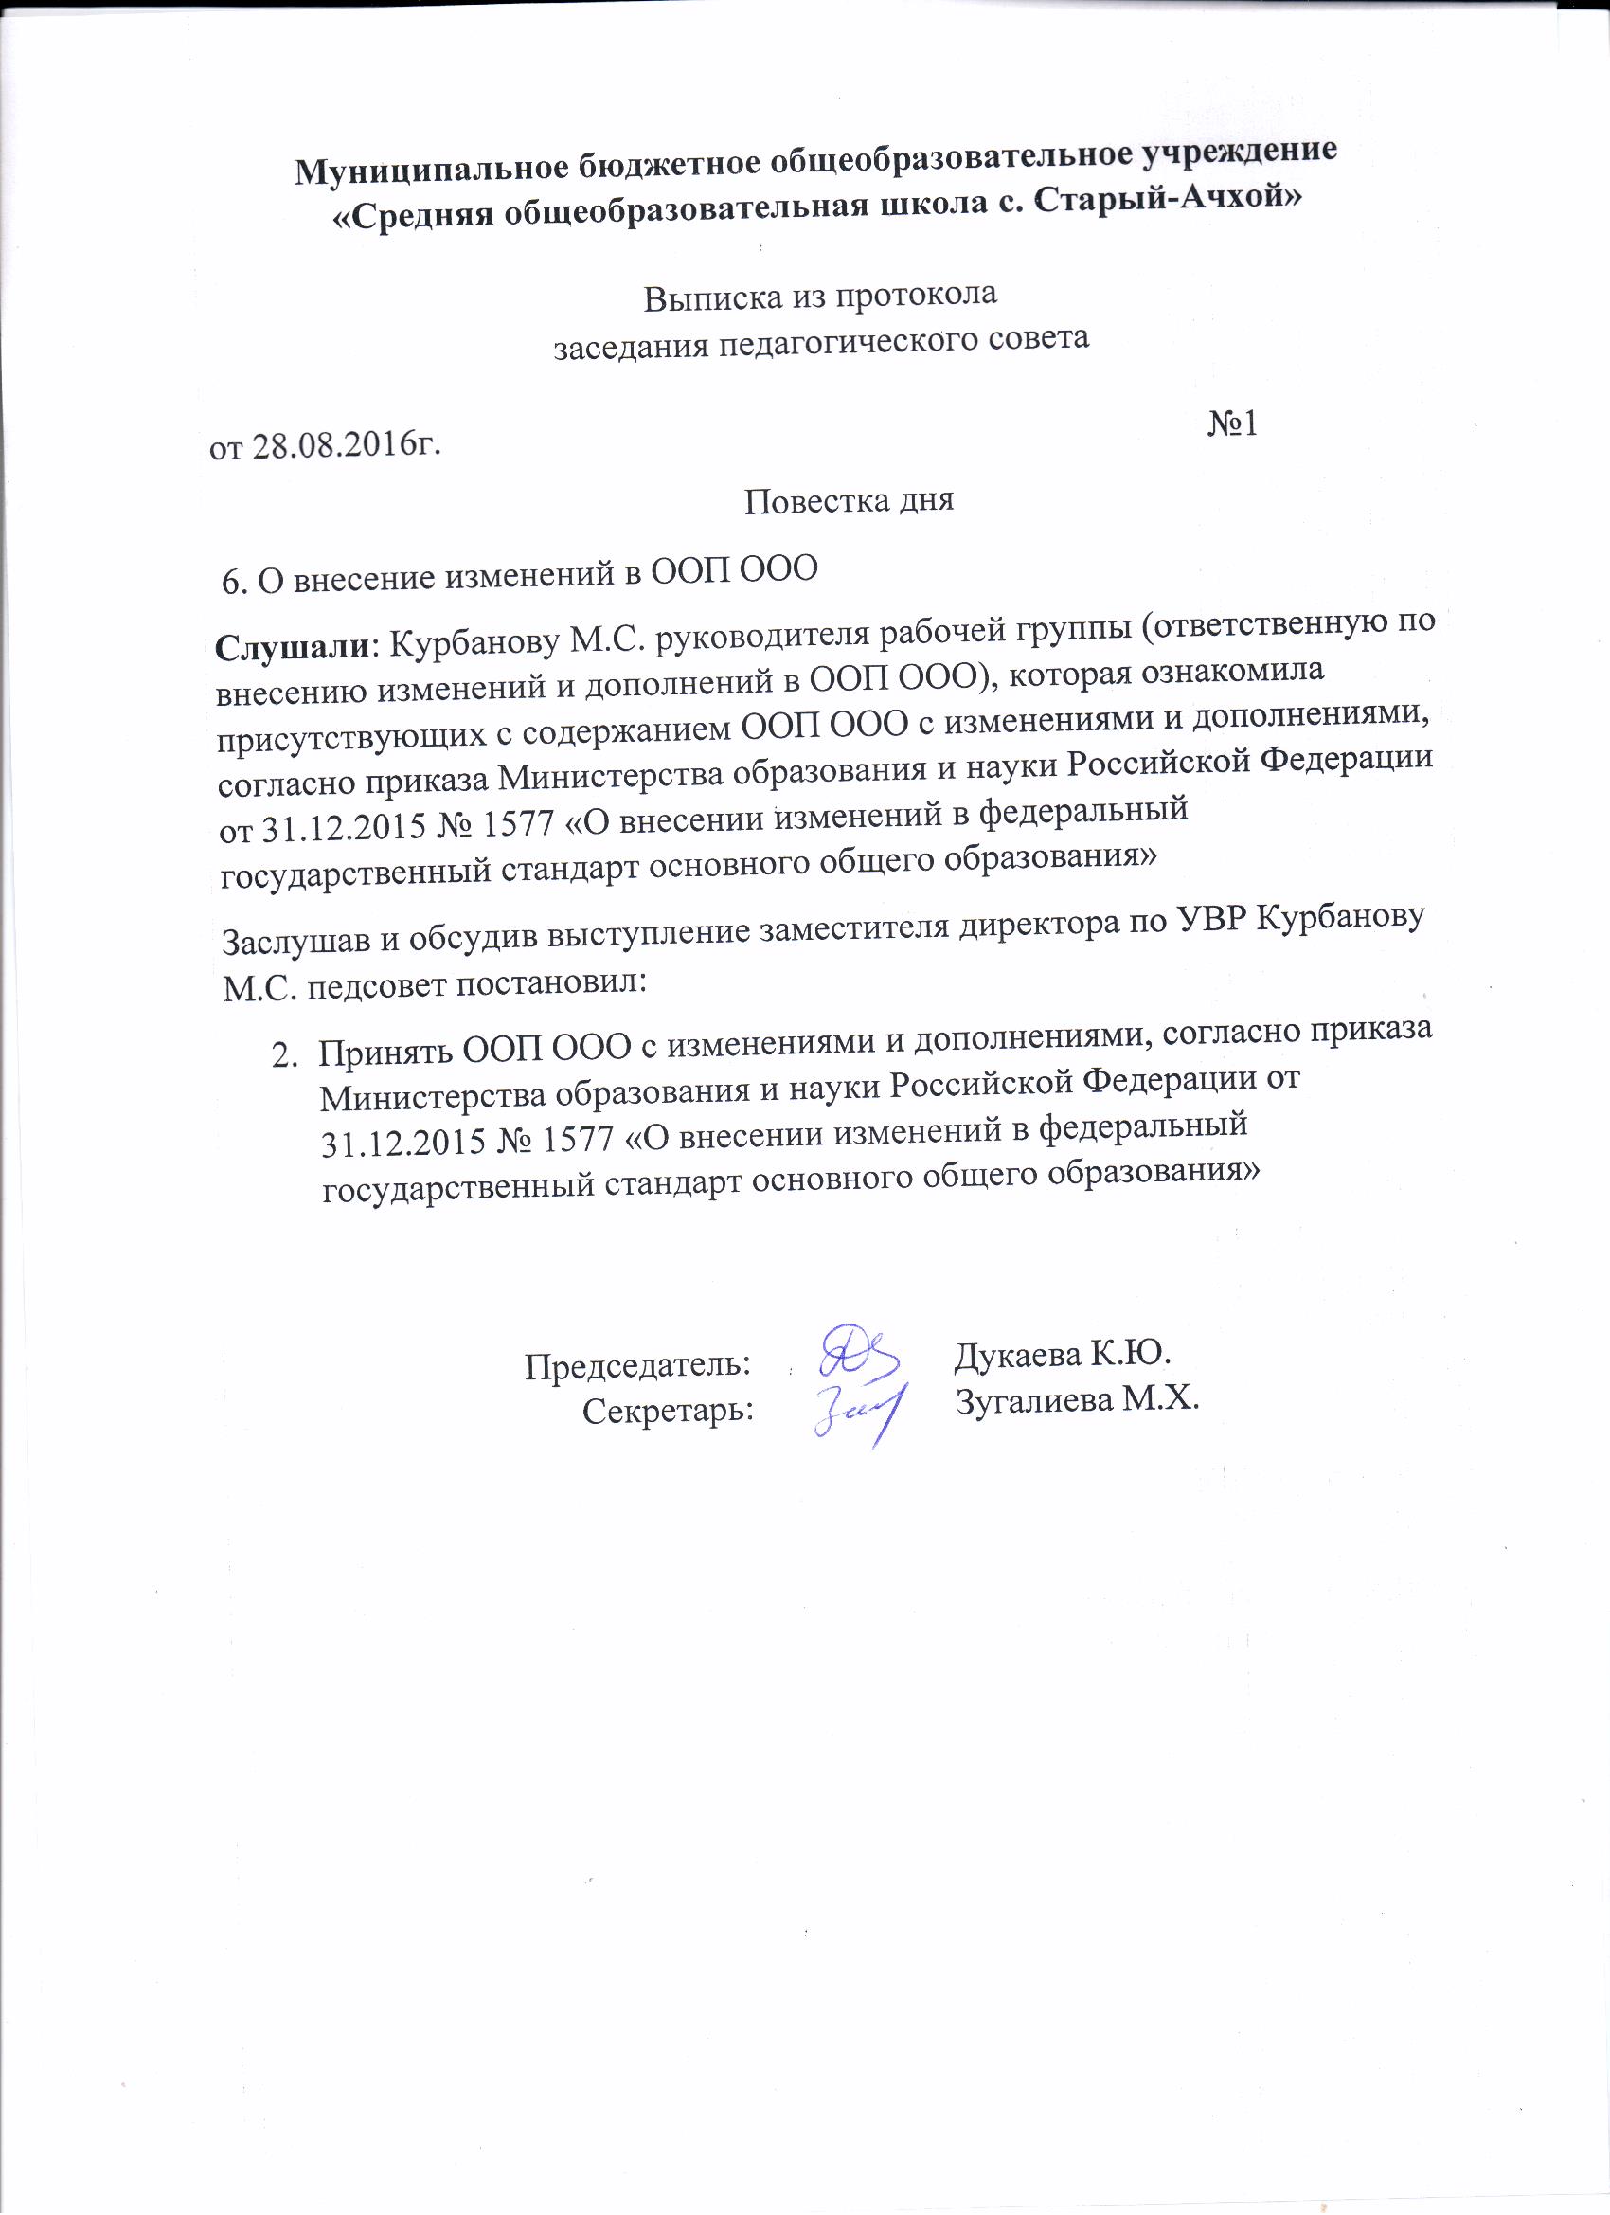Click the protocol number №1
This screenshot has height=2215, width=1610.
1232,423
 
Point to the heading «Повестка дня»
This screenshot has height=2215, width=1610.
849,501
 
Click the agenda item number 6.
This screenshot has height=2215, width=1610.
231,582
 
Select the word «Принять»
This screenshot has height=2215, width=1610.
385,1053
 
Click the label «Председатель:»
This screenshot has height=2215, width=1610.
637,1364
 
